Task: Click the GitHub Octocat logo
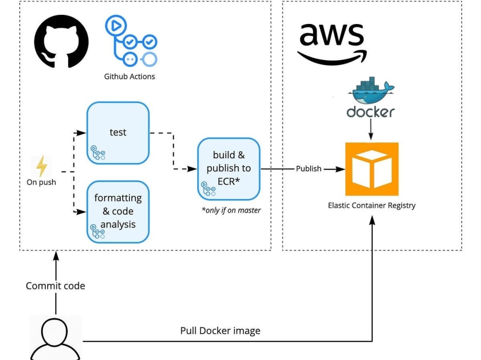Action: (x=62, y=41)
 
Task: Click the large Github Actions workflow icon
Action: (x=131, y=41)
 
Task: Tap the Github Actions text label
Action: (x=129, y=76)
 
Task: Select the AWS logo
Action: (x=332, y=44)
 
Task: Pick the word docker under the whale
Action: (x=370, y=112)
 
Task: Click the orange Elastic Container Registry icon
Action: (x=372, y=169)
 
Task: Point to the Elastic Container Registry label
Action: (x=372, y=205)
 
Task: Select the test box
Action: (x=118, y=133)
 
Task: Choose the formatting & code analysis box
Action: (x=118, y=212)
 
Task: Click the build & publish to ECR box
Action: (x=229, y=169)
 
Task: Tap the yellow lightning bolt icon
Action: (x=41, y=166)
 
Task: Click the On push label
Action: (x=41, y=182)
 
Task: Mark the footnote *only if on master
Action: (x=231, y=211)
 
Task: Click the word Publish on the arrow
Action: (x=309, y=169)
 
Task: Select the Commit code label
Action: (x=55, y=286)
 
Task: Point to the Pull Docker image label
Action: (x=220, y=331)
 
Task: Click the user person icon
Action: (x=55, y=339)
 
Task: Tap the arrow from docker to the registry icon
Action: (x=370, y=129)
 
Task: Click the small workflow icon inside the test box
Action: (x=98, y=153)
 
